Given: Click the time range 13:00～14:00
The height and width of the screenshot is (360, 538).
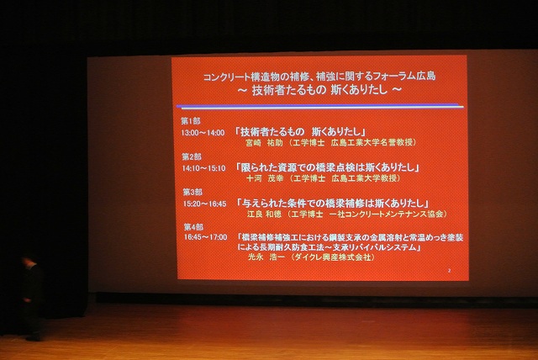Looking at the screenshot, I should coord(203,132).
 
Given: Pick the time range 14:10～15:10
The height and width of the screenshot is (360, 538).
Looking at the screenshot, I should coord(203,167).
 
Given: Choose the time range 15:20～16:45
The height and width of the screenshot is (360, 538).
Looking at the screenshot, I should coord(203,204).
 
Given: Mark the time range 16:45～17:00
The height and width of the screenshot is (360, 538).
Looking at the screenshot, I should coord(203,238).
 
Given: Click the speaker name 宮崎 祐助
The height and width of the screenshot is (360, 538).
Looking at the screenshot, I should coord(264,143).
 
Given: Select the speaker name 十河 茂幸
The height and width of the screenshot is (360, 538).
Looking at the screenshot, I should coord(264,178).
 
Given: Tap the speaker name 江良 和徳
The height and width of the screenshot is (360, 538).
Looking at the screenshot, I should coord(264,214).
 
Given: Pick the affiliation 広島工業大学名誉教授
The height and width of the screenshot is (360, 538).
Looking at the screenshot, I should coord(367,143).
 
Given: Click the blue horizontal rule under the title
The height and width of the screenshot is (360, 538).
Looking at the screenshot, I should coord(319,106).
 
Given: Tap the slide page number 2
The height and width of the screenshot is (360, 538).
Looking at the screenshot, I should coord(451,271).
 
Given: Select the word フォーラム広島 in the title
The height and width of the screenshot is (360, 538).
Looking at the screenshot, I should coord(398,76).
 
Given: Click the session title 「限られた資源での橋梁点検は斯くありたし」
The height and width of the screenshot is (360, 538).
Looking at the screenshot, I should coord(328,167).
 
